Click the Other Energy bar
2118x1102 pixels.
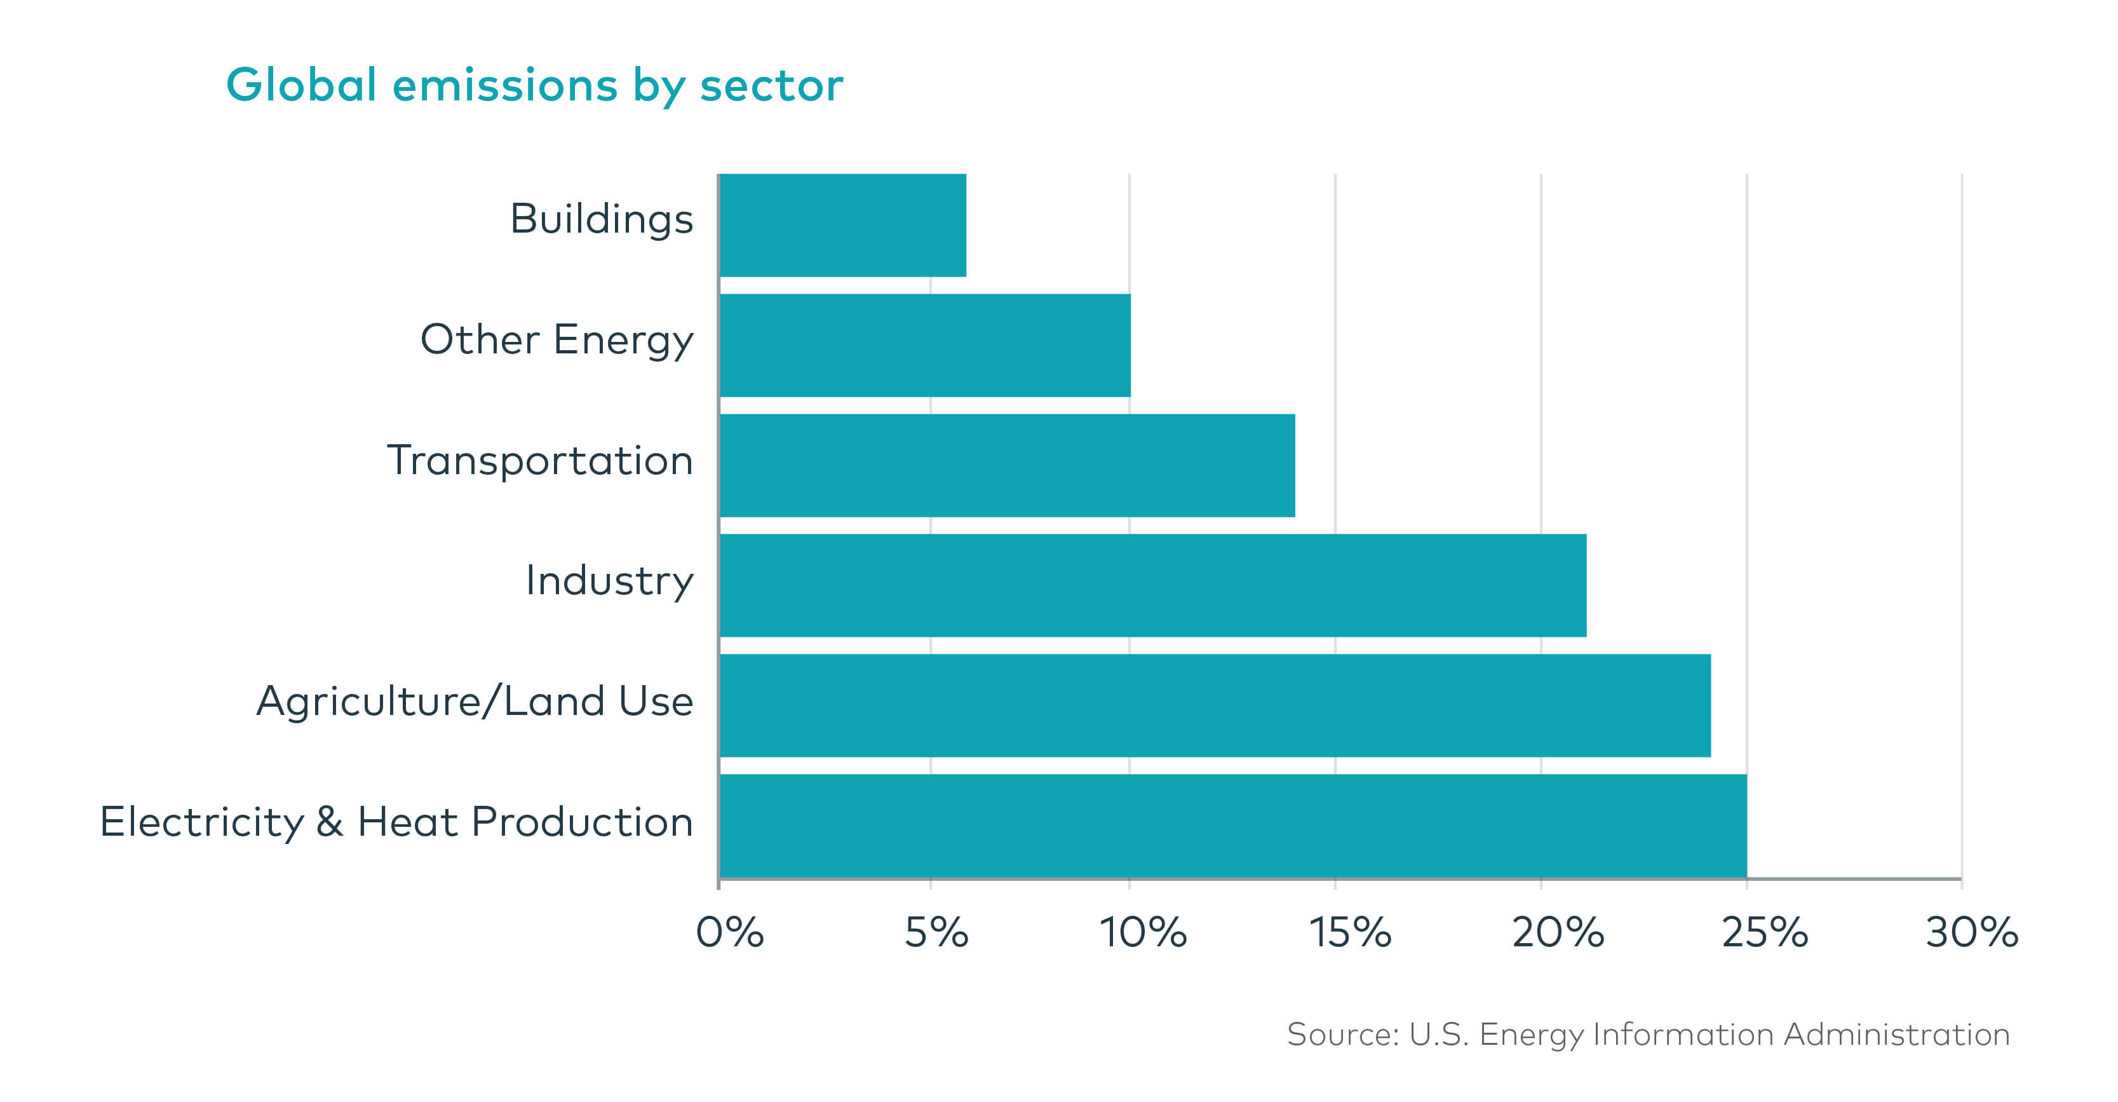pos(925,345)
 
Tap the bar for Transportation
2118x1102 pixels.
pos(1007,465)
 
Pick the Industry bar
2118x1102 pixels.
pos(1153,585)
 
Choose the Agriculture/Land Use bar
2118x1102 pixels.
pos(1215,705)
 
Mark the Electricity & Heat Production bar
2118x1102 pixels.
pos(1233,826)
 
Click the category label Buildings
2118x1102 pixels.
pos(601,221)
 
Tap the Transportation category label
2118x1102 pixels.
pos(540,461)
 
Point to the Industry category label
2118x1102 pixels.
pos(609,582)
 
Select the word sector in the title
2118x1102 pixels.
pos(771,86)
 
